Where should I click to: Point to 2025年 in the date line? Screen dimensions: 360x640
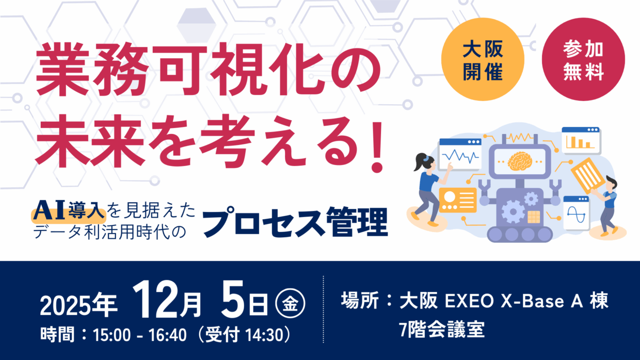(79, 306)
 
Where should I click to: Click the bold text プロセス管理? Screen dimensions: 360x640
(295, 221)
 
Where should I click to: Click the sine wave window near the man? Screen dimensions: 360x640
(576, 212)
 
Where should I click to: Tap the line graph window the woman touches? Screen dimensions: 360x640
(460, 154)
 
